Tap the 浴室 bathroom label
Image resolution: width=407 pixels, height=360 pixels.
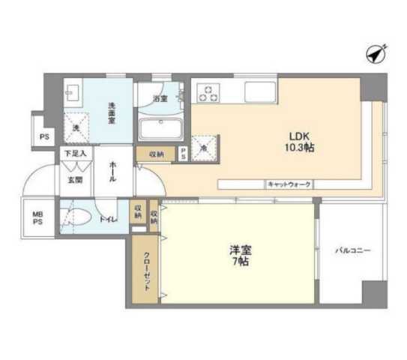tap(160, 98)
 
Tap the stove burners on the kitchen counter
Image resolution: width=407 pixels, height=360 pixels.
tap(207, 93)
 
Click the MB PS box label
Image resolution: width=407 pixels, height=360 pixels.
tap(37, 220)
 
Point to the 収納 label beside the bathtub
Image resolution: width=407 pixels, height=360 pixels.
tap(156, 153)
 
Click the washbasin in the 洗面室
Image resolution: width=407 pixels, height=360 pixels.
tap(73, 92)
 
